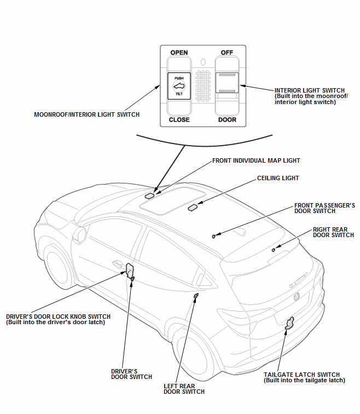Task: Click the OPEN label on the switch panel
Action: (x=179, y=53)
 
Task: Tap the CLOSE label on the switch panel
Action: (x=179, y=119)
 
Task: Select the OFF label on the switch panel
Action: (x=227, y=53)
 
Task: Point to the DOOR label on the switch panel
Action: (x=227, y=119)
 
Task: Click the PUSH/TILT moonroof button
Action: (x=179, y=86)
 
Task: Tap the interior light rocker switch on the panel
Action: (x=227, y=82)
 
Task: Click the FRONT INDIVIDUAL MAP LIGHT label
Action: (x=256, y=160)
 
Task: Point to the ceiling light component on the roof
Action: (x=193, y=208)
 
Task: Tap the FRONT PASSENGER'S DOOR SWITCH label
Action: (x=324, y=208)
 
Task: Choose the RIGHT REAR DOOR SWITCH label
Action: (x=333, y=232)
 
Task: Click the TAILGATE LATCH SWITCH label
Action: (x=304, y=377)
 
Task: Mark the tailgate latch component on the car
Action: (x=289, y=324)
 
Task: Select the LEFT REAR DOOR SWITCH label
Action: (x=184, y=389)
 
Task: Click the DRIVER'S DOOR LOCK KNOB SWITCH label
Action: (x=58, y=319)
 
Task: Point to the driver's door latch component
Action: (x=130, y=269)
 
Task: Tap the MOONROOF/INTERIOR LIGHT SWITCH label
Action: (x=86, y=114)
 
